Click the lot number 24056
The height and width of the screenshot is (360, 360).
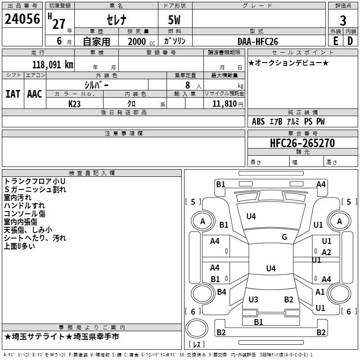click(x=22, y=19)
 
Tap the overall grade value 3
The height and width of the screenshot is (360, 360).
click(x=343, y=21)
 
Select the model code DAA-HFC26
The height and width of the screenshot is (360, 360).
click(x=258, y=41)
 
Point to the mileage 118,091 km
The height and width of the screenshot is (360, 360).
click(x=53, y=65)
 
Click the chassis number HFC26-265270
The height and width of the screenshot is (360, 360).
click(x=302, y=143)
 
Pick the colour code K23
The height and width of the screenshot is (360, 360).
click(x=74, y=104)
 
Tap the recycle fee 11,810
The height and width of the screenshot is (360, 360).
click(x=224, y=104)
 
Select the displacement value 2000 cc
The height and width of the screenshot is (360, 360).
click(x=141, y=42)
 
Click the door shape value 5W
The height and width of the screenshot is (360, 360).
click(x=174, y=20)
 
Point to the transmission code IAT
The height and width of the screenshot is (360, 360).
click(x=13, y=94)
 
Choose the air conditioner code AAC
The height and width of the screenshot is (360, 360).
click(x=35, y=94)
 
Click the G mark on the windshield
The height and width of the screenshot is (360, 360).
click(x=284, y=237)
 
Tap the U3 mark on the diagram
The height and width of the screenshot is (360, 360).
click(x=253, y=300)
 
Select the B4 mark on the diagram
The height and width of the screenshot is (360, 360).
click(x=221, y=292)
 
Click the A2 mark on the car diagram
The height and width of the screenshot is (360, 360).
click(x=326, y=252)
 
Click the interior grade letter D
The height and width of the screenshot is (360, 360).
click(x=350, y=41)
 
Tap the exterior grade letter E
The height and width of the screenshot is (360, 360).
click(x=336, y=41)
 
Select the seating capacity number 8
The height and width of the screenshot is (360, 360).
click(x=188, y=85)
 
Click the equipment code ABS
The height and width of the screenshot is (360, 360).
click(x=258, y=121)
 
